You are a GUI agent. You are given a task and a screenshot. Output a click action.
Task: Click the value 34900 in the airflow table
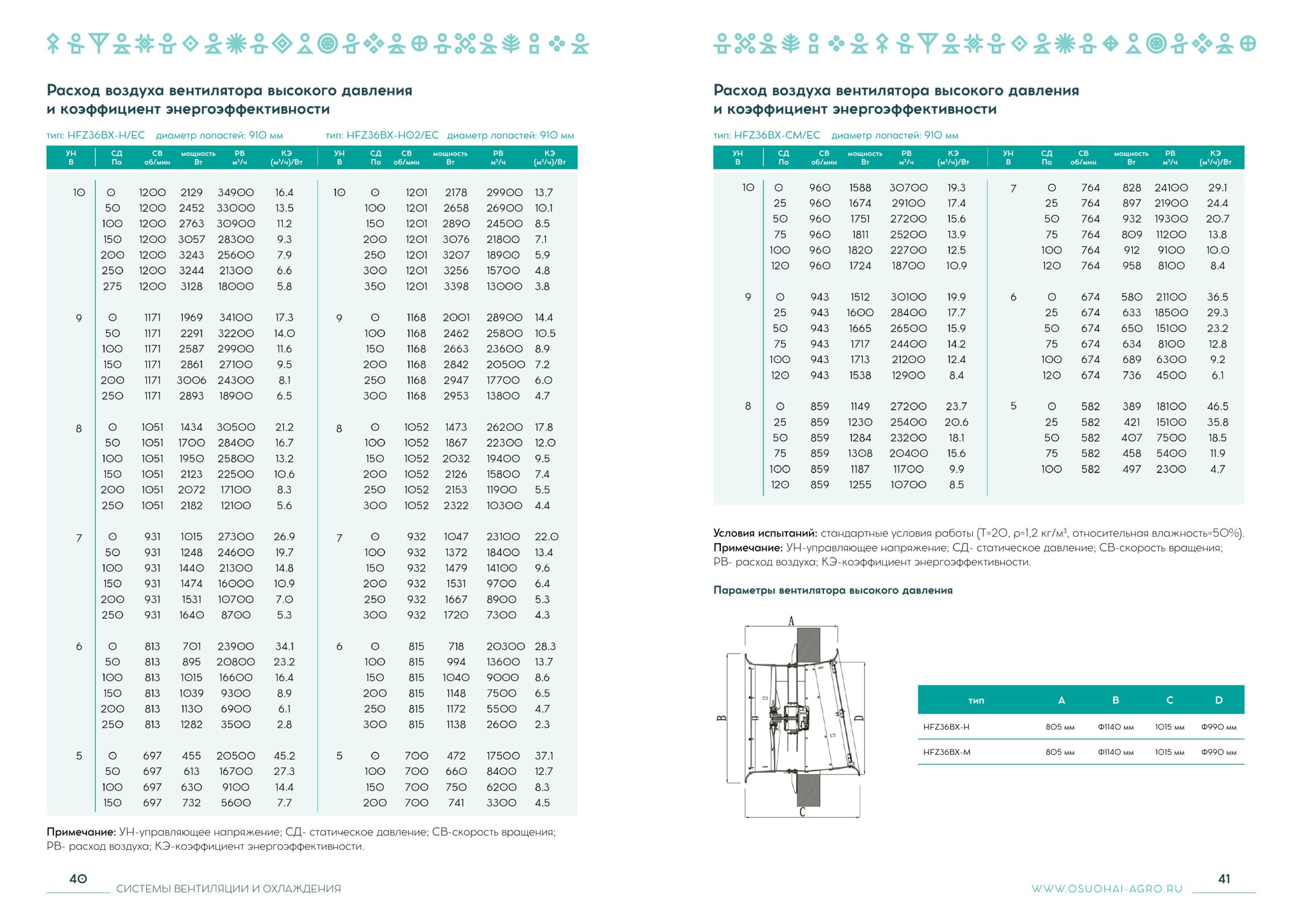(x=236, y=193)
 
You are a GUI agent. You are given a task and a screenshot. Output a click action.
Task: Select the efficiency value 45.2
(x=285, y=756)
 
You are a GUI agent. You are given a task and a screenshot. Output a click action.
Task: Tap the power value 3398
(x=456, y=286)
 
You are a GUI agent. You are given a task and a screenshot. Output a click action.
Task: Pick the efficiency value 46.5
(x=1217, y=406)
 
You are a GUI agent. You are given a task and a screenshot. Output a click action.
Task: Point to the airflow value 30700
(x=908, y=188)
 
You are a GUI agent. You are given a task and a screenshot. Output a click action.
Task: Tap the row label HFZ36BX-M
(x=947, y=753)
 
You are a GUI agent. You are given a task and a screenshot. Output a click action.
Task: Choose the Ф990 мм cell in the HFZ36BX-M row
(x=1219, y=753)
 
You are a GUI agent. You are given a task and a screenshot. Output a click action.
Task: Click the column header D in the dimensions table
(x=1219, y=700)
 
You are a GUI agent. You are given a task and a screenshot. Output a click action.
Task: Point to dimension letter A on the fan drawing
(x=791, y=621)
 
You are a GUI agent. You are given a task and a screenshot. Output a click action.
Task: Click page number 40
(x=78, y=879)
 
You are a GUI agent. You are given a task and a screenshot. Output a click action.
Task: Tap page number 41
(x=1224, y=879)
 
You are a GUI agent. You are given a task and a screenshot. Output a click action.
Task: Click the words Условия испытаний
(x=765, y=533)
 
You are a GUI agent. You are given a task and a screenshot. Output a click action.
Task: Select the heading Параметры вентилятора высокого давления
(x=833, y=591)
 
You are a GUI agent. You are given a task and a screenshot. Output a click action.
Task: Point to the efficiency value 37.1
(x=544, y=756)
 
